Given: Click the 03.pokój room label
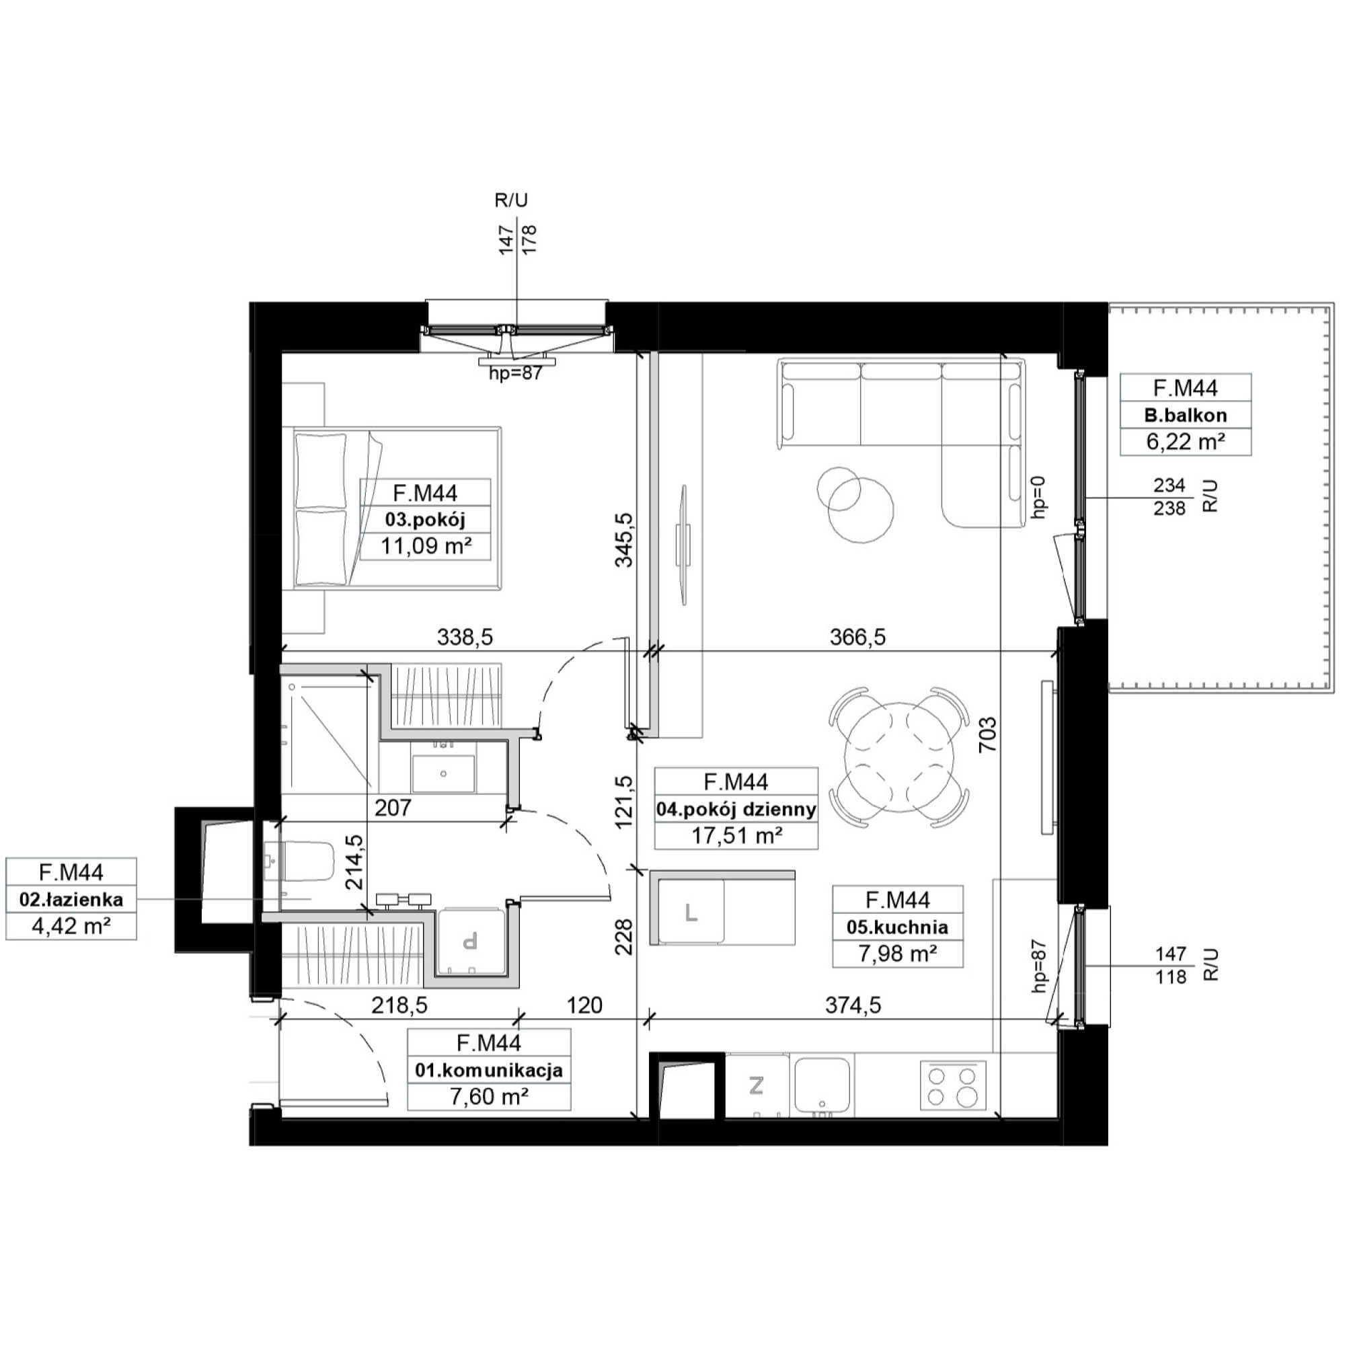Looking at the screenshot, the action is coord(424,519).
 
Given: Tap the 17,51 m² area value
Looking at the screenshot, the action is coord(736,835).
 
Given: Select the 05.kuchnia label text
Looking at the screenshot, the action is coord(897,927).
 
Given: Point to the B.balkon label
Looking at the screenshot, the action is coord(1186,416).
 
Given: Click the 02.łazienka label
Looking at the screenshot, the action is coord(71,899).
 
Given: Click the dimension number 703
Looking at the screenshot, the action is coord(988,735).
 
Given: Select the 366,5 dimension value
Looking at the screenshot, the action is coord(857,636).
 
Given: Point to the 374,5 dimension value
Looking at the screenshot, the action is coord(853,1005).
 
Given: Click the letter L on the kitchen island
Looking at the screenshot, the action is coord(691,912).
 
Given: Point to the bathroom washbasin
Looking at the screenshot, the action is coord(443,773).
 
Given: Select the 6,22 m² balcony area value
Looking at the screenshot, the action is coord(1186,442).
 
